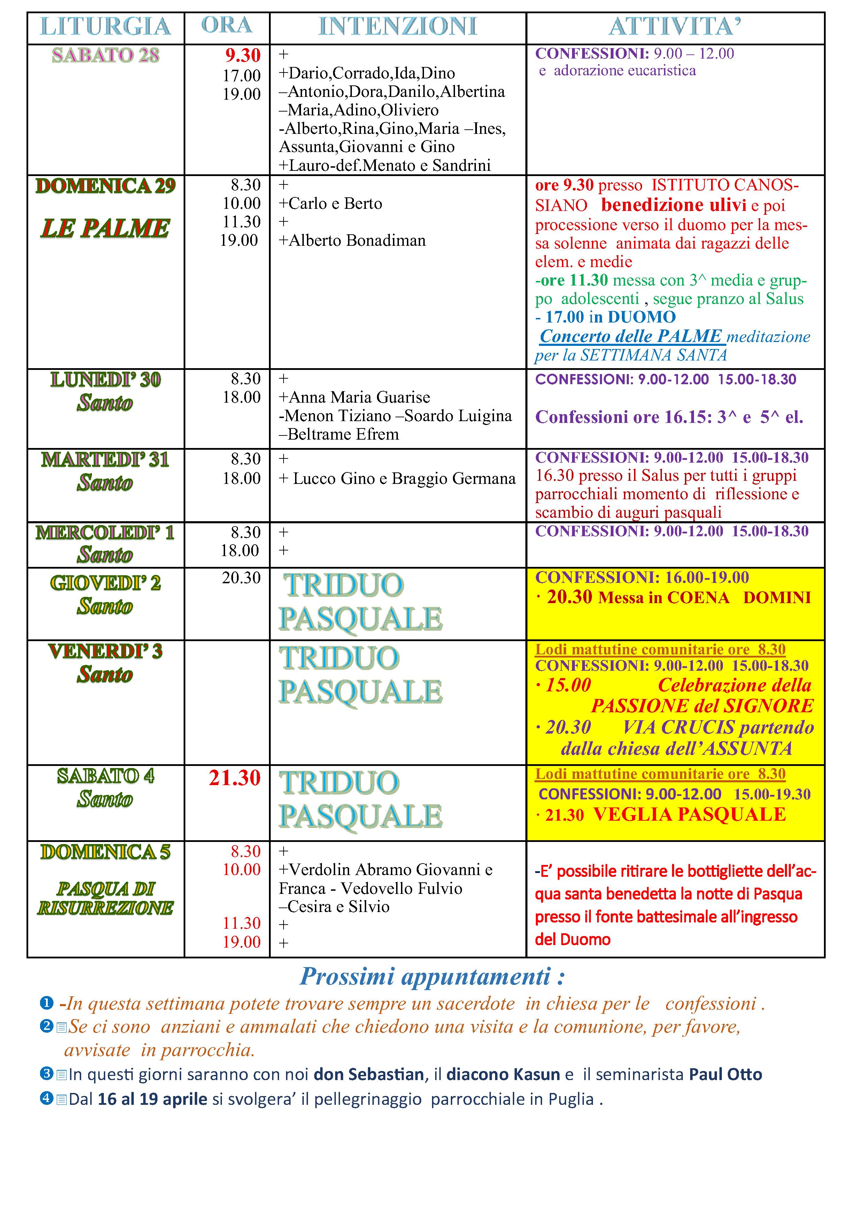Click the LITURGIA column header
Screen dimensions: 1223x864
[106, 26]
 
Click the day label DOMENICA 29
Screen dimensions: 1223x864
[106, 186]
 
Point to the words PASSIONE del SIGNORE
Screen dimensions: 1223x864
[702, 706]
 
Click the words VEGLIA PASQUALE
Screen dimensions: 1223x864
[689, 814]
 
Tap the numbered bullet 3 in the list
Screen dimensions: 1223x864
[46, 1073]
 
